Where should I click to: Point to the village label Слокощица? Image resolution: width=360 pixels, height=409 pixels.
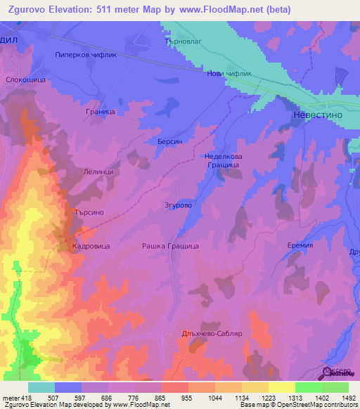[x=25, y=80]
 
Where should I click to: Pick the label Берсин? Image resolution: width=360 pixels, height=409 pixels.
[x=169, y=141]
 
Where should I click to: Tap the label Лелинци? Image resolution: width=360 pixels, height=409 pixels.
[x=98, y=171]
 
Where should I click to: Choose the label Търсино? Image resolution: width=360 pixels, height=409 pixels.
[x=89, y=212]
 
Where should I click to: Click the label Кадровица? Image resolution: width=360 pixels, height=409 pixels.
[x=89, y=247]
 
